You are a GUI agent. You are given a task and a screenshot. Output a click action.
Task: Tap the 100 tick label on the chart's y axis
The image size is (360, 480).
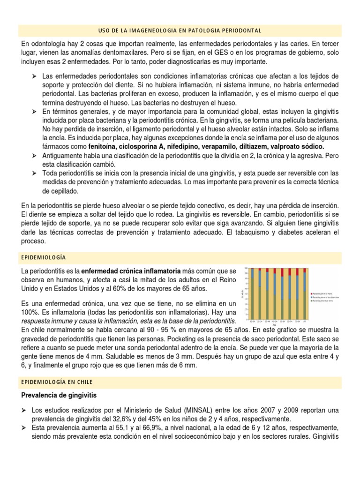click(247, 269)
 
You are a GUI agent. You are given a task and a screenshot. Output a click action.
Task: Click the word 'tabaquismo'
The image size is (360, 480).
click(267, 232)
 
